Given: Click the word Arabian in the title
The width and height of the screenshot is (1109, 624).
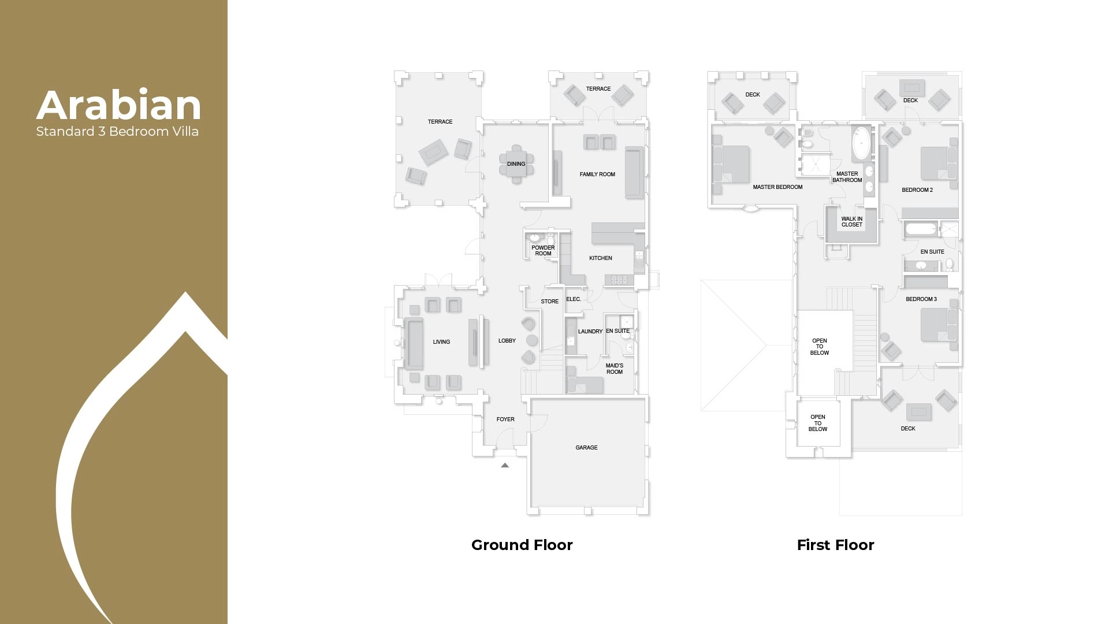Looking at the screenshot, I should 118,106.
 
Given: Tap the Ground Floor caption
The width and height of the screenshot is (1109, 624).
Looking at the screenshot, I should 522,545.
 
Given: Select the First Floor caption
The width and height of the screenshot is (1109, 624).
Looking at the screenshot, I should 835,545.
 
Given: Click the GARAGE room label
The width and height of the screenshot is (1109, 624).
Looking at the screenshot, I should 586,448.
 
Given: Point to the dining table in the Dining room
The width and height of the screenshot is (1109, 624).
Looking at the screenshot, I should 516,164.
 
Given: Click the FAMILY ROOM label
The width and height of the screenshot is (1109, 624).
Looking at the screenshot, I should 597,174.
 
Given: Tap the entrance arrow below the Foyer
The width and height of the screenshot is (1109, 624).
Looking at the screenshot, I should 505,465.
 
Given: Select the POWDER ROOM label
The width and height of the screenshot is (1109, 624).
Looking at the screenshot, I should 543,251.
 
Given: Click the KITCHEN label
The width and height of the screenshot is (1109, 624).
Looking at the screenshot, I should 601,258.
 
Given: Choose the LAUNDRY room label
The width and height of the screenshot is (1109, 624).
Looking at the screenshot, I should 590,332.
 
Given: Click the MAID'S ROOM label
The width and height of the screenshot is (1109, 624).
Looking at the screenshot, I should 615,369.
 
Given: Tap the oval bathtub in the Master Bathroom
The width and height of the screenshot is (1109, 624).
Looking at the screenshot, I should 861,143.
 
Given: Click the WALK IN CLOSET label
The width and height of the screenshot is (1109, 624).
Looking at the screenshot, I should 851,222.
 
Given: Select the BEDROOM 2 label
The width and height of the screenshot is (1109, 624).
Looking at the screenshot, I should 917,190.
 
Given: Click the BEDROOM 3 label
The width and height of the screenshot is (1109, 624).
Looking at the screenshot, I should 921,299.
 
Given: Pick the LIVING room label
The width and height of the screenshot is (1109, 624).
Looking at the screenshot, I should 441,342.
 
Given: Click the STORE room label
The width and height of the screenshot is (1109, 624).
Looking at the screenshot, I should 549,302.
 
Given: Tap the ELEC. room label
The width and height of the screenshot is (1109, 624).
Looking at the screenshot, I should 574,299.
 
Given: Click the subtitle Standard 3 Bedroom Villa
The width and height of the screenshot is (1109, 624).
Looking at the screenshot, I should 117,132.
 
